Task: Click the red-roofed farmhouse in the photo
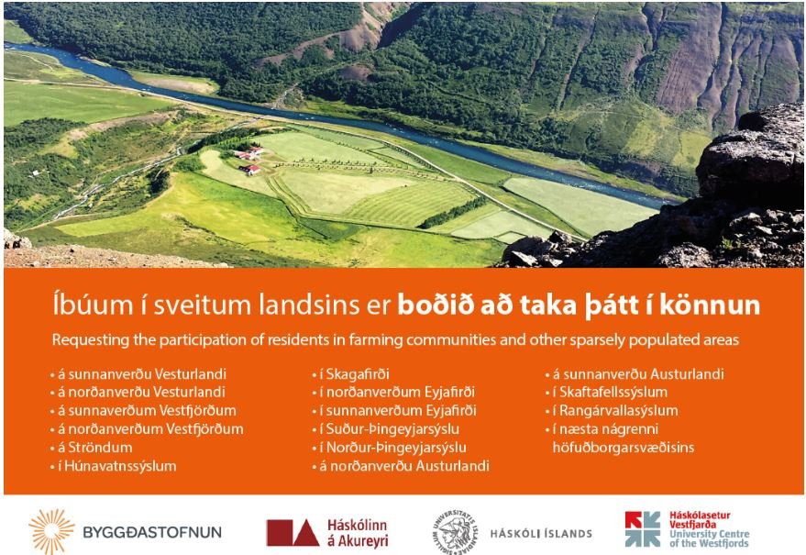point(248,156)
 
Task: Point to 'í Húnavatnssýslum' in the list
point(116,466)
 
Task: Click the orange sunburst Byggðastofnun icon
point(51,532)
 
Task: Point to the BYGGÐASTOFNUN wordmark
point(151,533)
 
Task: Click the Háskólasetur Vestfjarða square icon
point(642,529)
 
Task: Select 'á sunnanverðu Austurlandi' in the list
point(637,374)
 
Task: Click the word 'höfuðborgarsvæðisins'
point(623,448)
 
